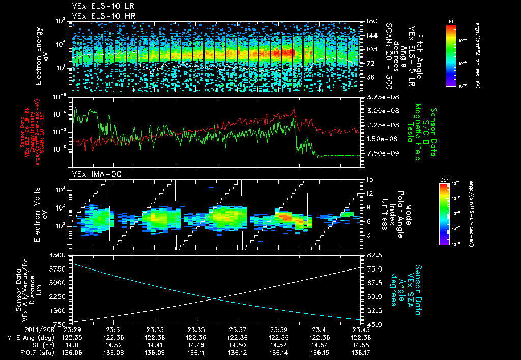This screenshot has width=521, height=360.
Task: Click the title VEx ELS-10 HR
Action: click(x=100, y=16)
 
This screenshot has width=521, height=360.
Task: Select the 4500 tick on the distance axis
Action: click(x=60, y=255)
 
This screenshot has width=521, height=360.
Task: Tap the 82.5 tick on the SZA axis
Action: click(x=371, y=255)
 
